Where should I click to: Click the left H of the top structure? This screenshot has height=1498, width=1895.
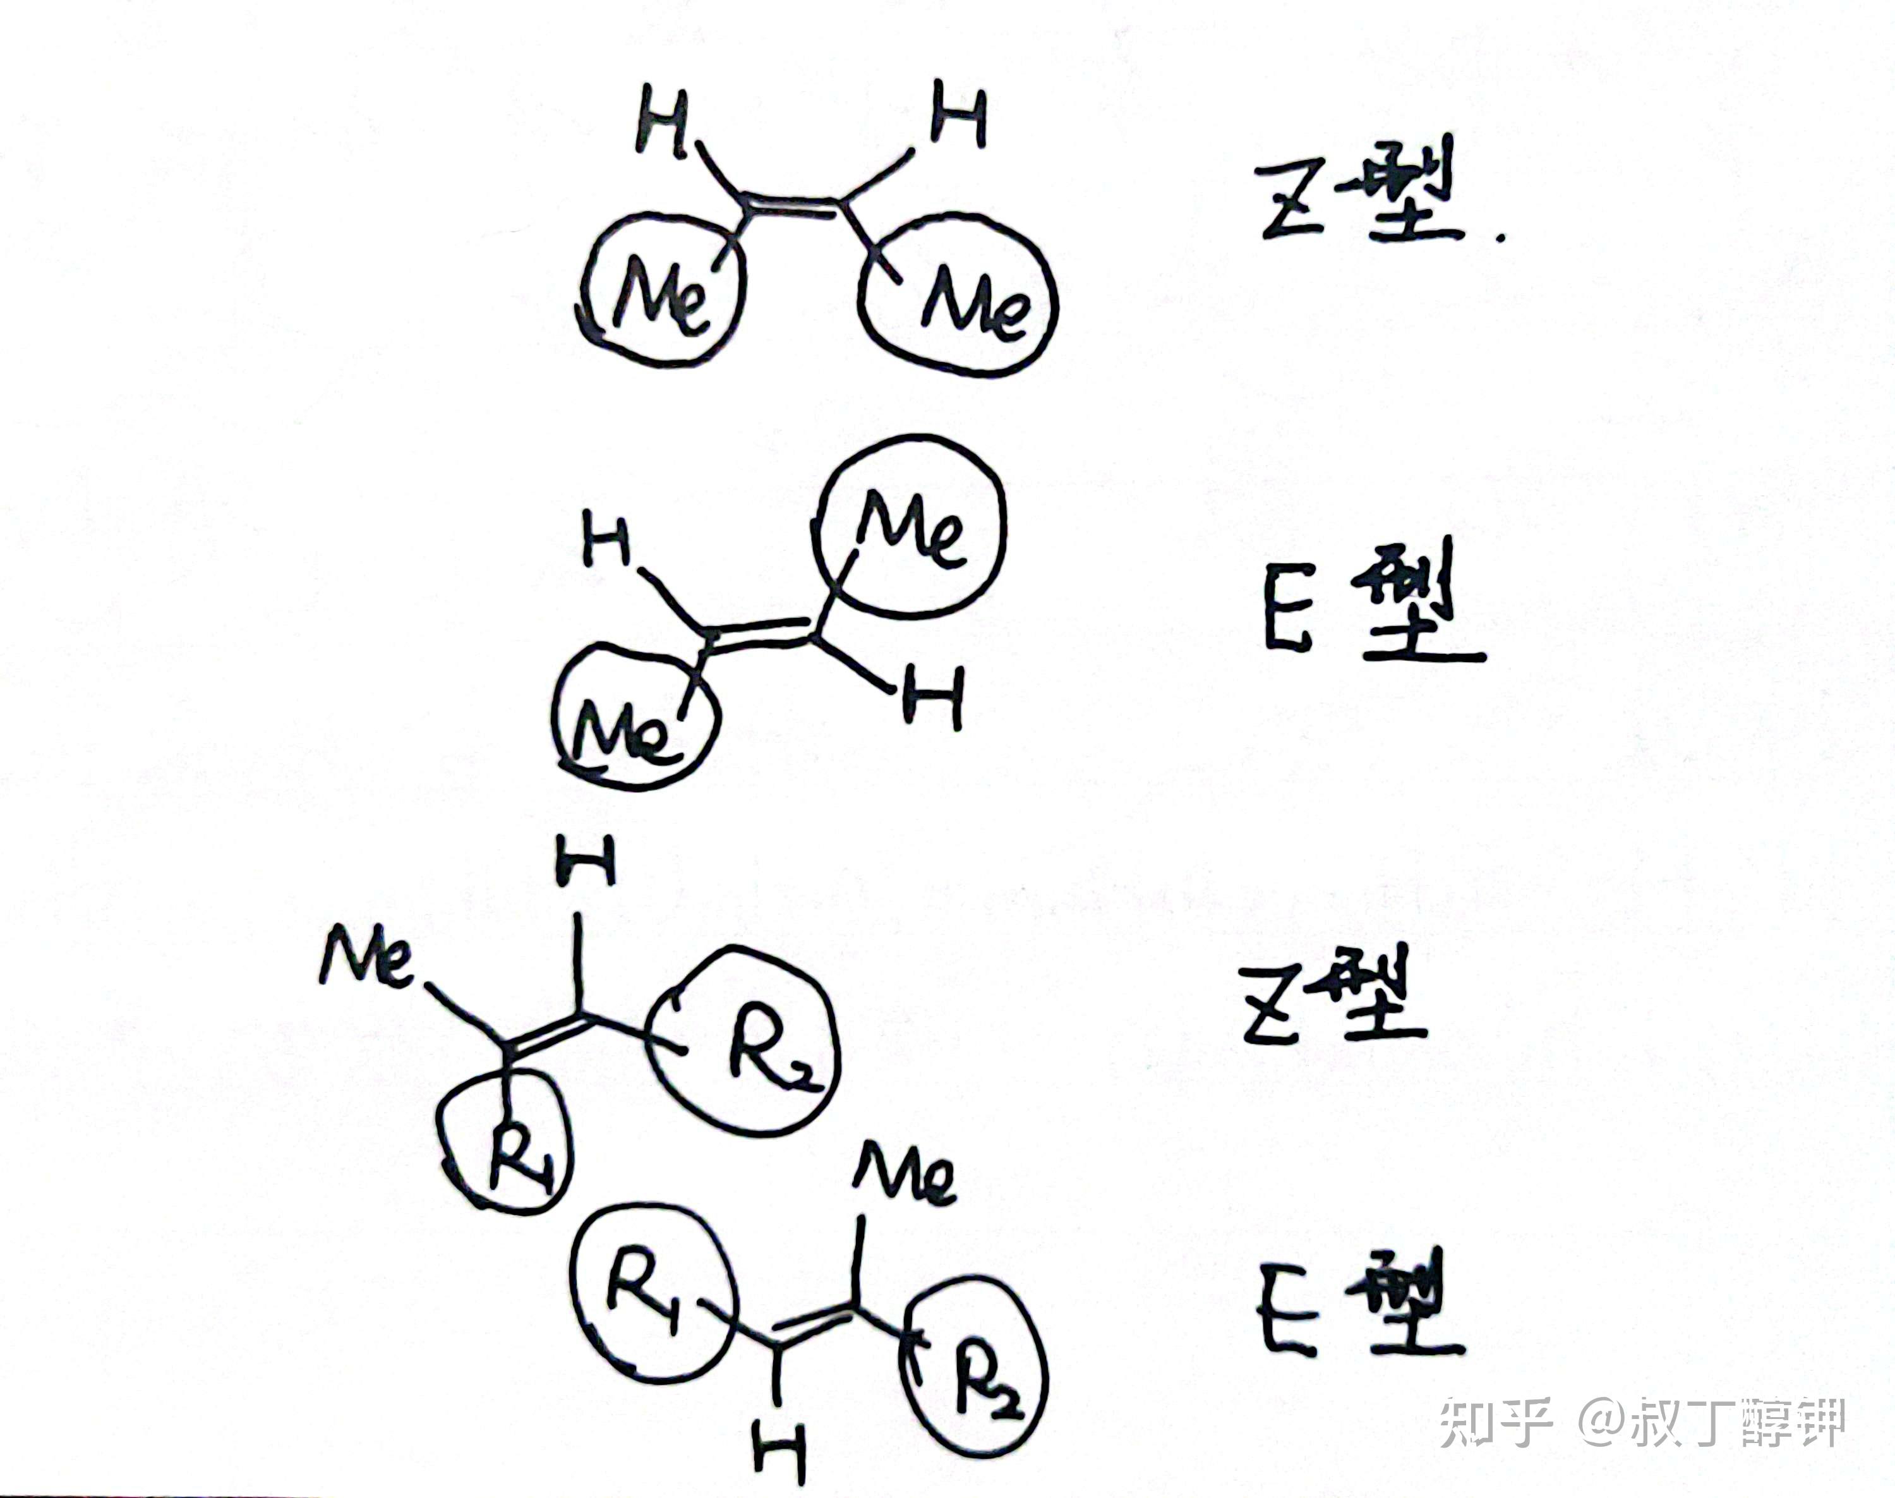point(661,122)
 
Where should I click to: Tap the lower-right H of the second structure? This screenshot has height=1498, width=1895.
point(933,698)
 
